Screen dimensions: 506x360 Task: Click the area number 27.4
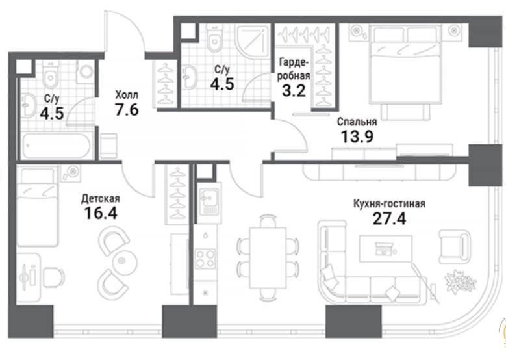pos(389,219)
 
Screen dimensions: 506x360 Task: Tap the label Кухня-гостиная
pos(389,204)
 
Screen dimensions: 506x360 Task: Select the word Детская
pos(101,199)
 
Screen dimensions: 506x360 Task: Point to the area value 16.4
pos(101,212)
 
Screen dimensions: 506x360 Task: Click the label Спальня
pos(357,122)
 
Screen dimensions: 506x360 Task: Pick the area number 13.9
pos(357,136)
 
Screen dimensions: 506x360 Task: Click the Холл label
pos(127,95)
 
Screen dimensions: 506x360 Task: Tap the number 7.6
pos(127,109)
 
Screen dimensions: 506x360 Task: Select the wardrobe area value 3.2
pos(294,91)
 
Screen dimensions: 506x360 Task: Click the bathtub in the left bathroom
pos(57,146)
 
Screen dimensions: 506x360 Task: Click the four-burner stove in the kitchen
pos(205,258)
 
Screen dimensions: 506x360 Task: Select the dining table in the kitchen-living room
pos(268,257)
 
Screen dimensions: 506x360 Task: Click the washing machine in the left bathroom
pos(85,71)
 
